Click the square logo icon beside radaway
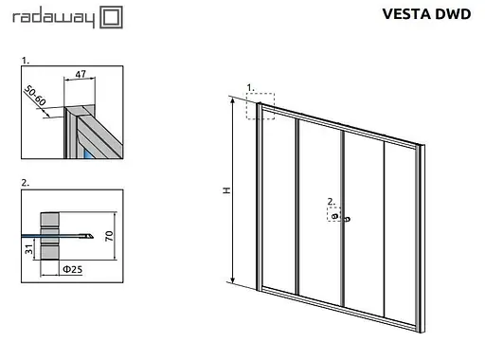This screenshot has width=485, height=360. pos(109,17)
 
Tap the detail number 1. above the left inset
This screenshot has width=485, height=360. pos(25,60)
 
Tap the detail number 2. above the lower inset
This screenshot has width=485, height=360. pos(25,179)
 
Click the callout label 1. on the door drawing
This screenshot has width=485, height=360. pos(251,88)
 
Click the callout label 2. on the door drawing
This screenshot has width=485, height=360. pos(329,201)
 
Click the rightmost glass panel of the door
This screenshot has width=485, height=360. pos(402,227)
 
